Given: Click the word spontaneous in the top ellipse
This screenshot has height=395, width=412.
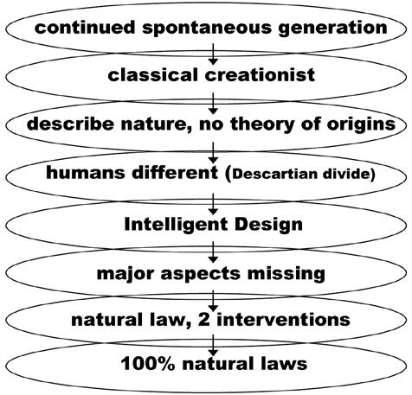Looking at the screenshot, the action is coord(207,29).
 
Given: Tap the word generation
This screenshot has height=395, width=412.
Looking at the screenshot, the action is coord(332,29).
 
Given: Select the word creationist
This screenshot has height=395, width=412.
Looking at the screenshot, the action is coord(260,75).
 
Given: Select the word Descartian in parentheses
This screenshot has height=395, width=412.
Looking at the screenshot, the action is coord(275,174).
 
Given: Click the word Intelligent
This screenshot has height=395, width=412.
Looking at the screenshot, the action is coord(177,225).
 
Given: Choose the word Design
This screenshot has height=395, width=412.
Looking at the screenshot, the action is coord(268,225).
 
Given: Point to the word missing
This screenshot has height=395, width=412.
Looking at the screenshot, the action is coord(286,273).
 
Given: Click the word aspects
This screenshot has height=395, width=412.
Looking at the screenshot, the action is coord(201,274).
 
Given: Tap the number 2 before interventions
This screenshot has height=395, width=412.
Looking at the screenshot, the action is coord(204,320).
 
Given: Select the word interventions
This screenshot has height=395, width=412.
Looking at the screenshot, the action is coord(283,320).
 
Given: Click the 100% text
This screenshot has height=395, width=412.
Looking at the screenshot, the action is coord(148,364).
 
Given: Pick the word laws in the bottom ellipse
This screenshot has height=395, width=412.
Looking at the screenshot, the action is coord(282,364).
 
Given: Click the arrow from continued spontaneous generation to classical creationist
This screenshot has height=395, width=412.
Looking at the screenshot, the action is coord(213,54).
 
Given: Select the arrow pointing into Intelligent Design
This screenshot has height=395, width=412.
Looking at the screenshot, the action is coord(213,204).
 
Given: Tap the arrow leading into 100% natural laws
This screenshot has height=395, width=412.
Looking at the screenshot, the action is coord(213,346).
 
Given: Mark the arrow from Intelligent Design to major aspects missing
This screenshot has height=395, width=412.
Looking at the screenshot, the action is coord(213,252).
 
